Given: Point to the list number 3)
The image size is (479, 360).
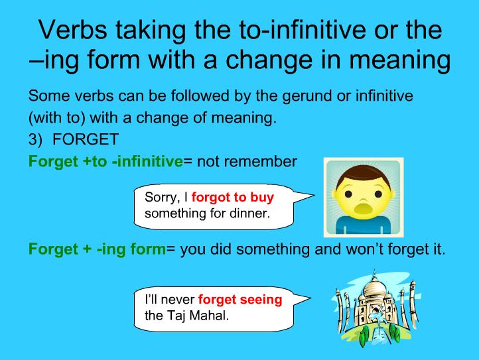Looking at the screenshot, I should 36,141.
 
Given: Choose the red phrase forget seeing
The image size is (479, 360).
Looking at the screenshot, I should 240,300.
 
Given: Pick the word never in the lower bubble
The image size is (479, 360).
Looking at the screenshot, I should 180,300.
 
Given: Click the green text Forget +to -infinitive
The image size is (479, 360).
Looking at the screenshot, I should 105,160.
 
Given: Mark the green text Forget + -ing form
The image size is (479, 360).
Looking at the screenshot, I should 97,249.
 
